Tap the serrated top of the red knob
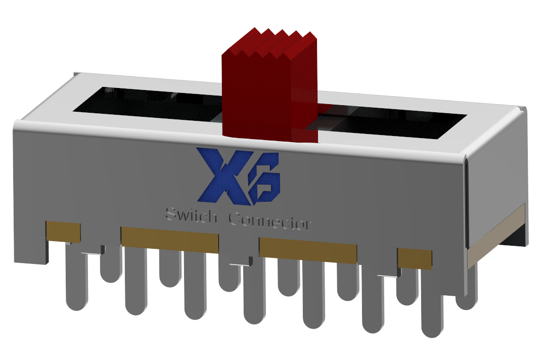tap(273, 42)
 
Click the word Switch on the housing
tap(192, 217)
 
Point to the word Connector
tap(269, 221)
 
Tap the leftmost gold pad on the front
tap(63, 231)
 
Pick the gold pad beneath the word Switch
tap(169, 239)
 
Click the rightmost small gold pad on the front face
tap(414, 258)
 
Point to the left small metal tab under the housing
tap(93, 250)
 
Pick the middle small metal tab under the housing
tap(240, 261)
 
